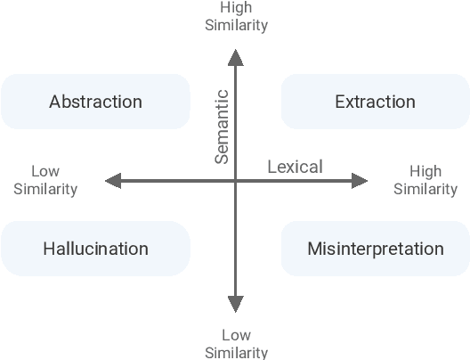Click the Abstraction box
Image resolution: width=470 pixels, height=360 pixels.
(95, 102)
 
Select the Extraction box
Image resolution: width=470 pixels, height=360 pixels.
(375, 102)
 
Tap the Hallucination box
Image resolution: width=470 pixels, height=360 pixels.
(95, 249)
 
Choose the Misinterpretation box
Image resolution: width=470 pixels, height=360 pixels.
(375, 249)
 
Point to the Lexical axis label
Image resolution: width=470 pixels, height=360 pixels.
(295, 167)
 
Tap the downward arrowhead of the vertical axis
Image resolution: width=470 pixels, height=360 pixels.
(236, 305)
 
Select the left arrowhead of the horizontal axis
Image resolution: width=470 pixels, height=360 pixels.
(112, 182)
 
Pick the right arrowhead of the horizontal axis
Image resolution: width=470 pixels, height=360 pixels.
(360, 182)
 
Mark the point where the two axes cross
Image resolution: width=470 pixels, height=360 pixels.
(236, 182)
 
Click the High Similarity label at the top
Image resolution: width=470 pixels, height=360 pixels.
(236, 17)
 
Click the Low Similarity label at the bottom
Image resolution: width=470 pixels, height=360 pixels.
(236, 344)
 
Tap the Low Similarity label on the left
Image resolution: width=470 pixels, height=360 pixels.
(45, 180)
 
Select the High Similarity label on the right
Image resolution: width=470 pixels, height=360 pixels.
(425, 180)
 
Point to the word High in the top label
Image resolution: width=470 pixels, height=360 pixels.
(236, 8)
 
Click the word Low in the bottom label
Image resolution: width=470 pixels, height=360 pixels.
(236, 335)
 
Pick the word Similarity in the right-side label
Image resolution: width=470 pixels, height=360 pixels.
(425, 189)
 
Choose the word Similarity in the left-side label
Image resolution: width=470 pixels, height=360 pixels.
(45, 189)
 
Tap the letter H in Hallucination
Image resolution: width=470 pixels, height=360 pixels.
(49, 249)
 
